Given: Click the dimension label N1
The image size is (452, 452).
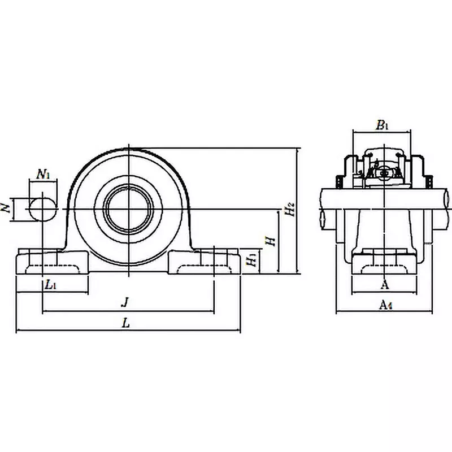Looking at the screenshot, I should point(44,175).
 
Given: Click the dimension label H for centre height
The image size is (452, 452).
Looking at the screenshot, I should point(272,241).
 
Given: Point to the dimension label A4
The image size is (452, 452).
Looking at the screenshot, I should point(385,305).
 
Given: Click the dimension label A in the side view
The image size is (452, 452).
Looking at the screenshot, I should point(385,285).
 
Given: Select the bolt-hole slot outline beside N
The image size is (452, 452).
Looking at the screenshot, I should point(43,208).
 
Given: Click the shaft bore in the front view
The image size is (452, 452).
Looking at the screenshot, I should point(129,207).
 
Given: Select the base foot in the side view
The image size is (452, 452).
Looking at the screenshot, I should point(385,263).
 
